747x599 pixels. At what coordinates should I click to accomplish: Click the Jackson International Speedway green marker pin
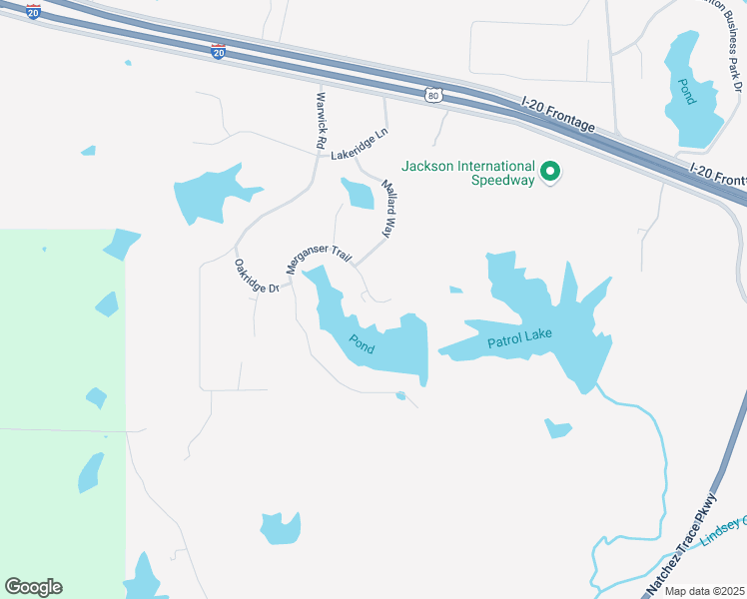549,173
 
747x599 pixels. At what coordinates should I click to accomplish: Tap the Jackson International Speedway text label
468,173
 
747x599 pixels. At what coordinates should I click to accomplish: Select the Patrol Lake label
519,340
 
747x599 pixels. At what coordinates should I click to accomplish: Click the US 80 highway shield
432,94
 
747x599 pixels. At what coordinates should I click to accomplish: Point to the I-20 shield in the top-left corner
34,12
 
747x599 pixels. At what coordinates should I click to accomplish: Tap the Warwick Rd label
322,121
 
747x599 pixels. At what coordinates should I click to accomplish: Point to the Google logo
33,587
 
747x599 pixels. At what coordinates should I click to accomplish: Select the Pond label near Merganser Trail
361,343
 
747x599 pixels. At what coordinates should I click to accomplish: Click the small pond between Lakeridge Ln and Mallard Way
357,193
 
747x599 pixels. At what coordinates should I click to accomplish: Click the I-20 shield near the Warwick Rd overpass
219,51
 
